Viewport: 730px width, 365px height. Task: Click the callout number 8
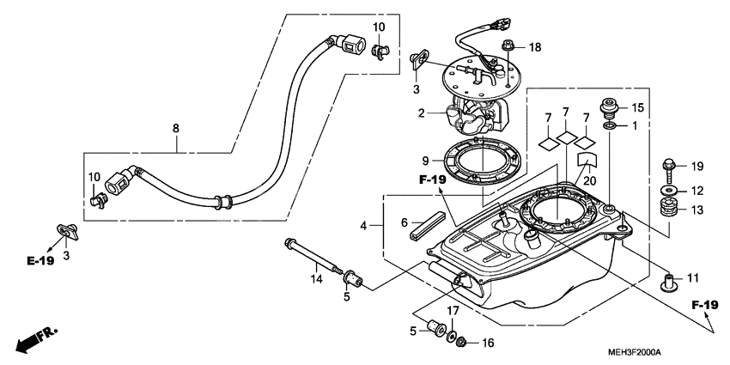click(x=175, y=129)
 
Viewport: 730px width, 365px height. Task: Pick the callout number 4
click(x=364, y=226)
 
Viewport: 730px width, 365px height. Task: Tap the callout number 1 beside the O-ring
click(x=635, y=126)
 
